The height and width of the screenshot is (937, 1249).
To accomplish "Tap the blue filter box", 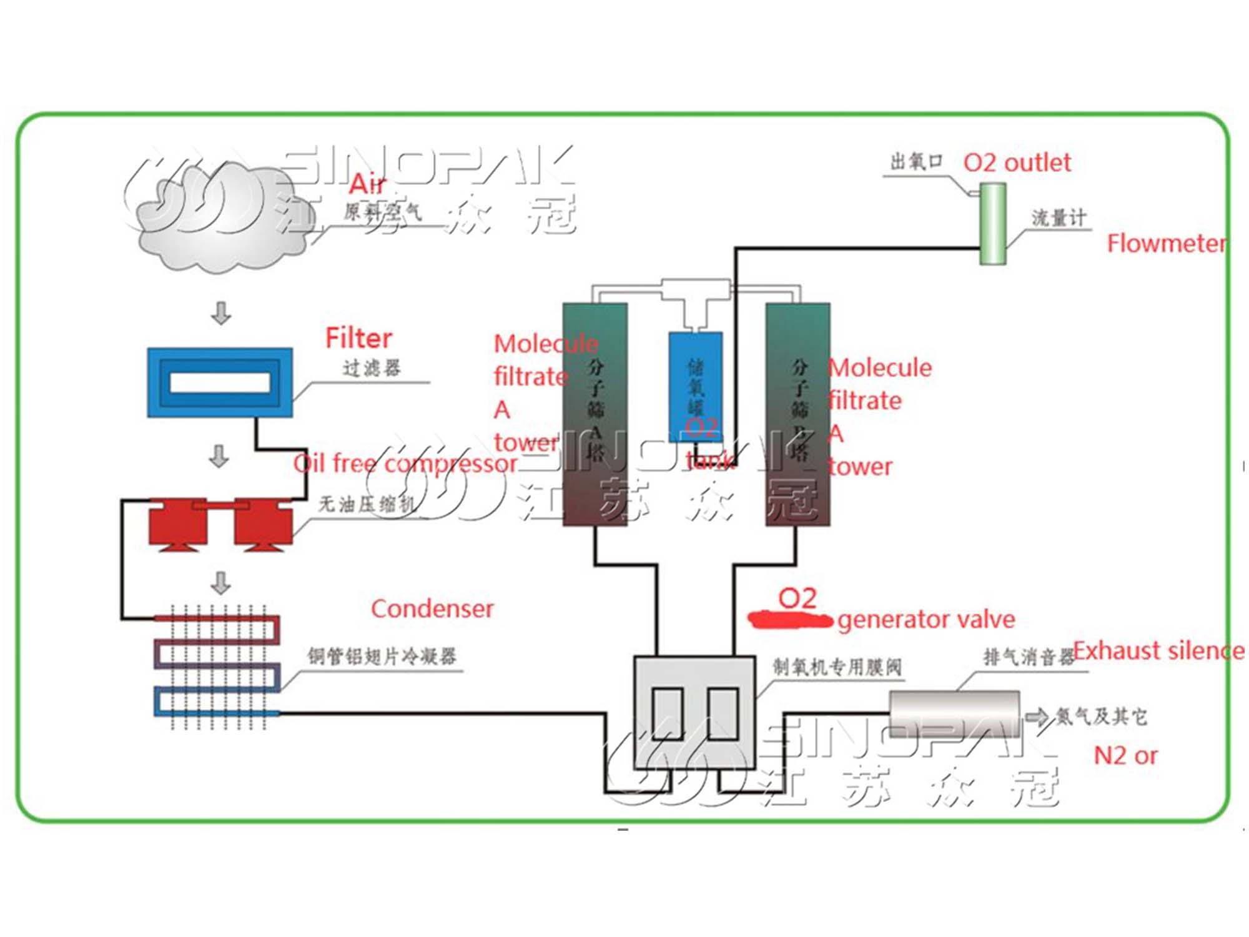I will coord(220,382).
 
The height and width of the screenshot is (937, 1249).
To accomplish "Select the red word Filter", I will coord(358,338).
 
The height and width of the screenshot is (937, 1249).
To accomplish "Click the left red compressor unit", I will coord(178,523).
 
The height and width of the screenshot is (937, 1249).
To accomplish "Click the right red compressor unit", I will coord(263,523).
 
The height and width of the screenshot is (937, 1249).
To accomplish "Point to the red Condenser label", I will coord(432,608).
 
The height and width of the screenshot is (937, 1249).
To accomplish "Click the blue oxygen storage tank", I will coord(695,387).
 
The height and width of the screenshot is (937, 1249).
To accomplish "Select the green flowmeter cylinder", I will coord(992,223).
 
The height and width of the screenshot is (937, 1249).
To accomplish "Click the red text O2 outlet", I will coord(1017,162).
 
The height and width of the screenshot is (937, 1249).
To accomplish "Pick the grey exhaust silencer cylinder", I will coord(954,713).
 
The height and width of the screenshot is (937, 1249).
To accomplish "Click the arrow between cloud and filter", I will coord(221,313).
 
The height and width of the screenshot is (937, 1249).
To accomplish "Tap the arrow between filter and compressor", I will coord(219,456).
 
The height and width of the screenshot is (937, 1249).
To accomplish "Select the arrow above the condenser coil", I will coord(221,583).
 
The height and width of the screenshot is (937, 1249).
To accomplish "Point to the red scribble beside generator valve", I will coord(790,620).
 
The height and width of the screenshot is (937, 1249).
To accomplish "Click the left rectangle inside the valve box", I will coord(667,713).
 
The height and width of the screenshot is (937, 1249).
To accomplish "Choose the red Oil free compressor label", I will coord(405,464).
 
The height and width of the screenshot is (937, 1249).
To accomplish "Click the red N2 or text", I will coord(1125,755).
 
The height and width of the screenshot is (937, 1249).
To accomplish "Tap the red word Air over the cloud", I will coord(367,184).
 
